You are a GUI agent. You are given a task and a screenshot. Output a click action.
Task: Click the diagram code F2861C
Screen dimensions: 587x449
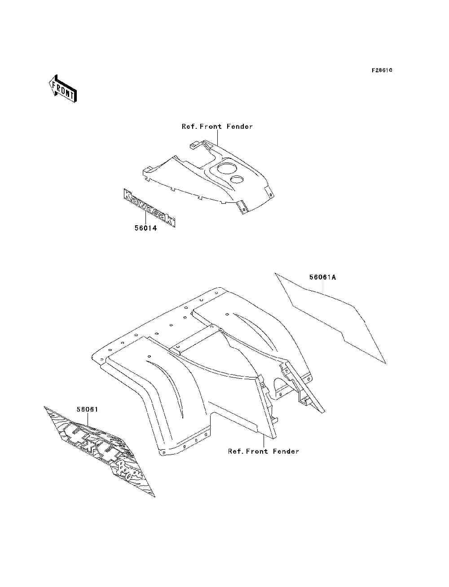point(382,70)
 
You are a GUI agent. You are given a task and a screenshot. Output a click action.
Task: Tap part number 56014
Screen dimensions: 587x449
point(145,228)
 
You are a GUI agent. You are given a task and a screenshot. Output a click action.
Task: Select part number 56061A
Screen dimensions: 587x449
point(322,277)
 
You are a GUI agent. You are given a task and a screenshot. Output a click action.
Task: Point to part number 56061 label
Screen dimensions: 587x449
point(87,409)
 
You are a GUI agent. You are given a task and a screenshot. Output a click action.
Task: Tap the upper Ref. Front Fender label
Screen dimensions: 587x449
point(217,127)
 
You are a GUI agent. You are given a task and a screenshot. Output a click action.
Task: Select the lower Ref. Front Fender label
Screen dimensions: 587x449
point(263,451)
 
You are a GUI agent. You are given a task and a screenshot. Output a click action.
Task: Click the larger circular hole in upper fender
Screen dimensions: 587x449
point(227,169)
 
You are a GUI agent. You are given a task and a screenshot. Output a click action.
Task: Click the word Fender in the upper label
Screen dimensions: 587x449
point(239,127)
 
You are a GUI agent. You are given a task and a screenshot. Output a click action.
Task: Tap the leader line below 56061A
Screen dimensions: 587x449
point(323,288)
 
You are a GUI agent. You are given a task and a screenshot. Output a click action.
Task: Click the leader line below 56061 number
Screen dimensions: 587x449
point(88,419)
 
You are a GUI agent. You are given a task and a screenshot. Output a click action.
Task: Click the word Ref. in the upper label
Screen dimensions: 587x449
point(189,127)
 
